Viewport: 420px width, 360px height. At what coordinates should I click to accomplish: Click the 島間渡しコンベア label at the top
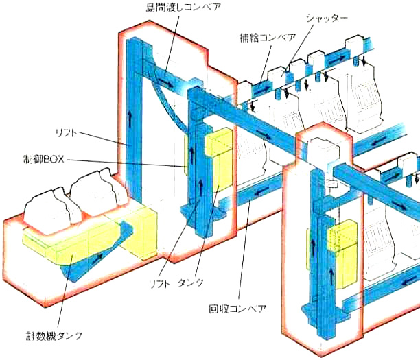click(183, 8)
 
